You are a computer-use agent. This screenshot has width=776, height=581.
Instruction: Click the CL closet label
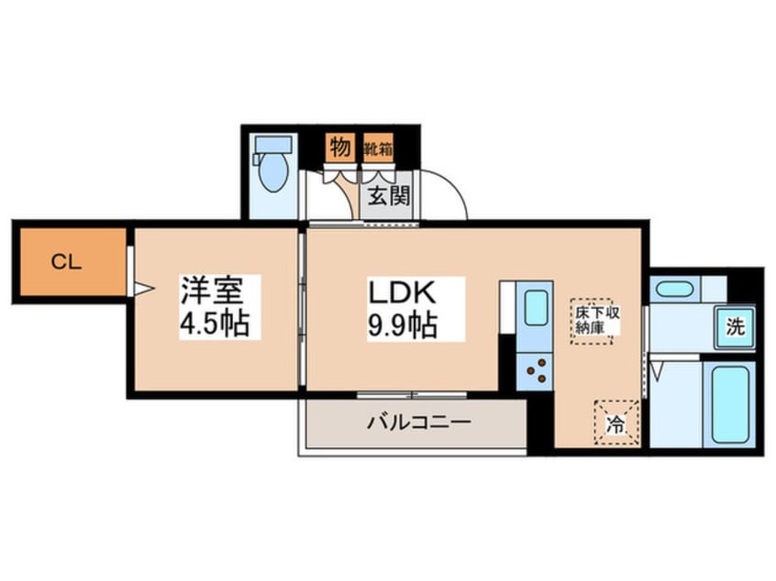(x=66, y=263)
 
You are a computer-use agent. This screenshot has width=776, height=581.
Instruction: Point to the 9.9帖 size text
(x=402, y=324)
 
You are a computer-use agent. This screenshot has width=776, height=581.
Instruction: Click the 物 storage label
(x=338, y=148)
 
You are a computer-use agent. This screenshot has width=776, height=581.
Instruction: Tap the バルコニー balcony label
(x=418, y=422)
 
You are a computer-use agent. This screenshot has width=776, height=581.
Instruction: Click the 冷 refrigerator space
(x=615, y=424)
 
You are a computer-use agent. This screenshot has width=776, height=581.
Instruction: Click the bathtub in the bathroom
(x=731, y=404)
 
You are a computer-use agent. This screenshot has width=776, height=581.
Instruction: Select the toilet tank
(x=272, y=145)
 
